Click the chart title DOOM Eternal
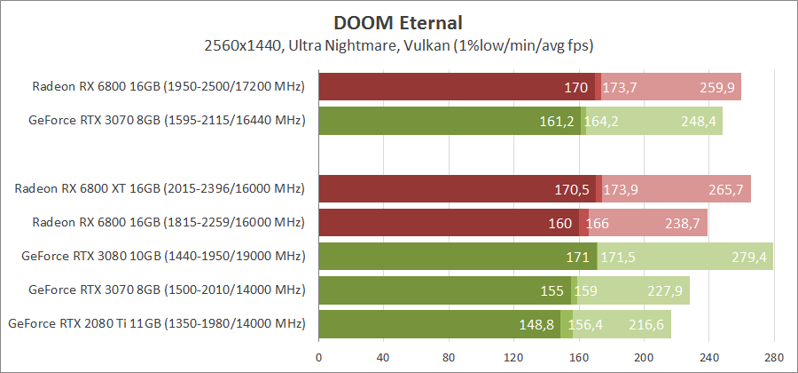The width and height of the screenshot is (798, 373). [x=399, y=20]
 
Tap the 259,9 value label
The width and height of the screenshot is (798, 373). [x=716, y=87]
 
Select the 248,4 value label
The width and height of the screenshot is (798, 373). [x=698, y=121]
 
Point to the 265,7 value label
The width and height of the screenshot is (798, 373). [x=726, y=189]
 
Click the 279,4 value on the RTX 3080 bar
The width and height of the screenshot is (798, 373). [x=748, y=257]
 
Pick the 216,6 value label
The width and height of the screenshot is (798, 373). [x=646, y=325]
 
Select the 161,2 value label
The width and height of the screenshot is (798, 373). [x=558, y=121]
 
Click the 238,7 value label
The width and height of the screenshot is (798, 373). [x=684, y=223]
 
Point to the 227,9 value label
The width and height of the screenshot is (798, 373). [x=665, y=290]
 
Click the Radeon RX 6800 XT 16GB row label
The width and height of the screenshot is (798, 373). [x=160, y=189]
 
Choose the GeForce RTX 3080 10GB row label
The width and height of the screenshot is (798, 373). [x=163, y=257]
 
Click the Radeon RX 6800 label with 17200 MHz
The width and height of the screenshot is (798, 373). [x=168, y=87]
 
